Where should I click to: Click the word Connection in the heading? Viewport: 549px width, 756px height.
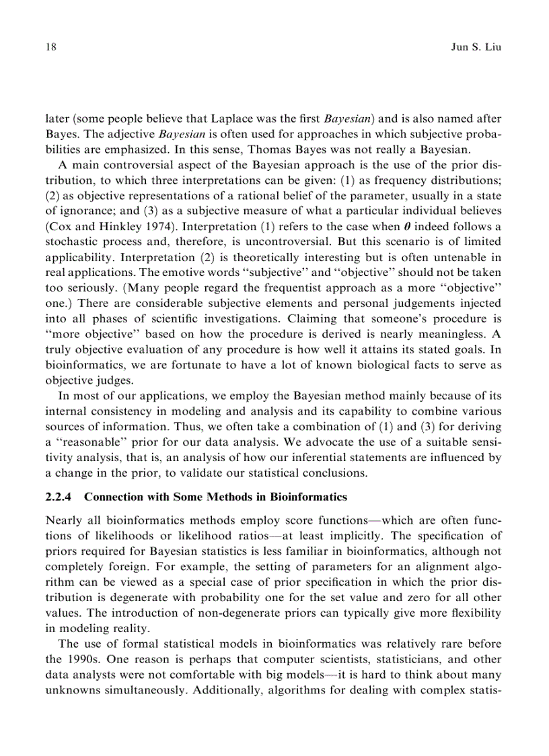point(114,497)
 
